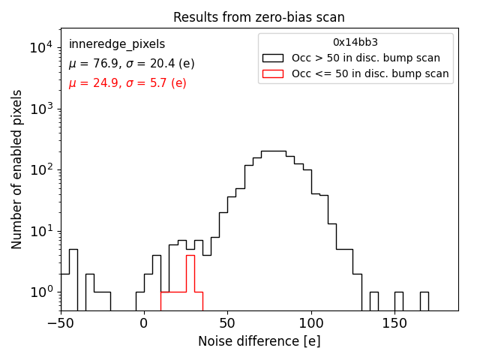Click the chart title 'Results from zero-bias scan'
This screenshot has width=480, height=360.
[x=259, y=17]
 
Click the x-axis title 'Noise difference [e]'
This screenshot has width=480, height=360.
[x=259, y=341]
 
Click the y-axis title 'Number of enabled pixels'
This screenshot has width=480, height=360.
[x=17, y=170]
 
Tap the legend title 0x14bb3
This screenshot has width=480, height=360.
[x=355, y=43]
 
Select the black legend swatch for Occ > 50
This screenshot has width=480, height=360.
[x=272, y=58]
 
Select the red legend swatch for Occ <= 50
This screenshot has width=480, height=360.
[x=272, y=73]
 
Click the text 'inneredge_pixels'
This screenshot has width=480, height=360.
[x=117, y=44]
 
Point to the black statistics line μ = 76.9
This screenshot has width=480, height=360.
[x=131, y=64]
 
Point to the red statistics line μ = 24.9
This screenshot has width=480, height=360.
[x=127, y=83]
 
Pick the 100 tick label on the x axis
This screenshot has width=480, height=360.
[x=310, y=324]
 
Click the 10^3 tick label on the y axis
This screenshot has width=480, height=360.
[x=41, y=109]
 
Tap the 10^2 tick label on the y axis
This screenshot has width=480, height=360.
[x=41, y=169]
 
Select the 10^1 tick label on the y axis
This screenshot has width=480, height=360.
[x=41, y=230]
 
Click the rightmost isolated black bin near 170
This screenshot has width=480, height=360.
[x=424, y=301]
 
